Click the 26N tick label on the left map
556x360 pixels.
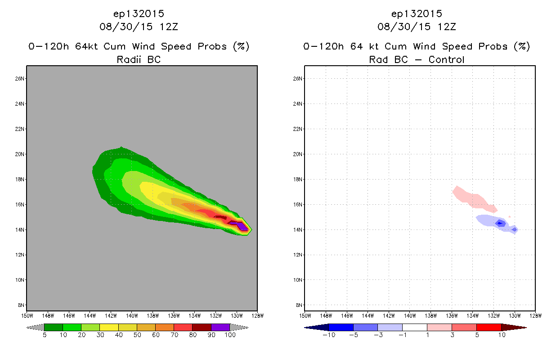point(20,79)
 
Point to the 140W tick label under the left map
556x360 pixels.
point(132,316)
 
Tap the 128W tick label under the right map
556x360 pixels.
point(536,316)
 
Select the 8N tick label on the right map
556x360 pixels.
point(299,305)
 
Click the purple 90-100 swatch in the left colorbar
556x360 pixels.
point(220,328)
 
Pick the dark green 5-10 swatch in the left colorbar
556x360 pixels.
point(54,328)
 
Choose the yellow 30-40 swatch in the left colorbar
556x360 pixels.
point(109,328)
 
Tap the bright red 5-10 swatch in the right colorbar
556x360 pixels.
point(489,328)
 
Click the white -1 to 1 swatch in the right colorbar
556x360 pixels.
point(415,328)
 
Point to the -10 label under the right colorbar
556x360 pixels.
point(329,335)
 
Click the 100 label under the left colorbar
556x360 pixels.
point(230,335)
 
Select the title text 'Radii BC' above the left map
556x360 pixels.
point(139,59)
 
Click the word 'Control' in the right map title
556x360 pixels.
point(446,59)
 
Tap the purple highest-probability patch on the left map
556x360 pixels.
point(241,226)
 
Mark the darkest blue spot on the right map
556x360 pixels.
point(500,224)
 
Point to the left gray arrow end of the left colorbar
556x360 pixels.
point(35,328)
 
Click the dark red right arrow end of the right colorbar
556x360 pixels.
point(514,328)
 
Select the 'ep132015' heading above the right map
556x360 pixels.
point(417,14)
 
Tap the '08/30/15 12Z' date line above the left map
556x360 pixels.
point(139,27)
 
